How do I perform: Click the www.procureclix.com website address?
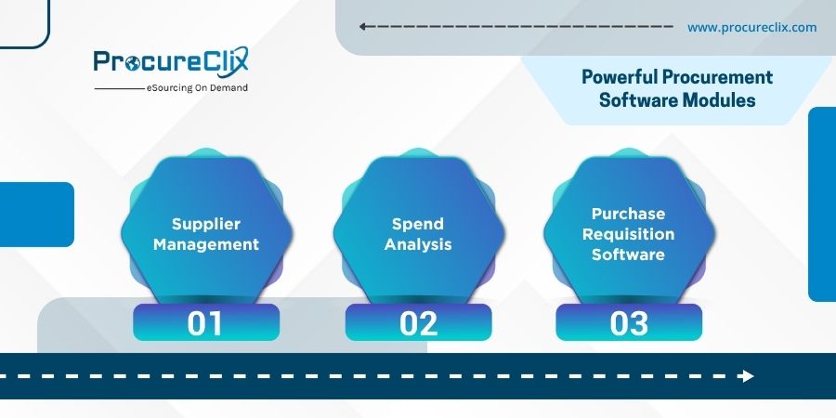pyautogui.click(x=751, y=27)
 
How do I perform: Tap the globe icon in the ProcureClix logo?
pyautogui.click(x=132, y=63)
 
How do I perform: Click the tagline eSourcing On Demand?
pyautogui.click(x=197, y=88)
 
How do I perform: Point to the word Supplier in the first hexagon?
pyautogui.click(x=206, y=224)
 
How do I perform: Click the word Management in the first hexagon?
pyautogui.click(x=206, y=244)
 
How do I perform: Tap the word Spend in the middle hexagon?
pyautogui.click(x=418, y=224)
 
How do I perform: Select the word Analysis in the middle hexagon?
pyautogui.click(x=418, y=244)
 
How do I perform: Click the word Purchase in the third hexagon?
pyautogui.click(x=629, y=214)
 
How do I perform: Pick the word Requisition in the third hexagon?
pyautogui.click(x=629, y=235)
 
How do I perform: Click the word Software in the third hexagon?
pyautogui.click(x=629, y=255)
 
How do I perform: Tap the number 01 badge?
pyautogui.click(x=206, y=322)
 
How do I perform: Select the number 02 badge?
pyautogui.click(x=418, y=322)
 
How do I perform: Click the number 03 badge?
pyautogui.click(x=629, y=322)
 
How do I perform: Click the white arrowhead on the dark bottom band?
pyautogui.click(x=747, y=376)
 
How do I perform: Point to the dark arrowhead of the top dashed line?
pyautogui.click(x=362, y=27)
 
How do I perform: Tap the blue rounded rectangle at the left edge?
pyautogui.click(x=37, y=215)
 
